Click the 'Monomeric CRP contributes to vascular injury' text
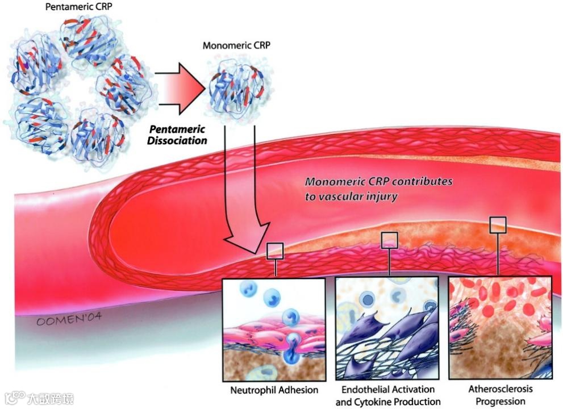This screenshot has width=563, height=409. point(379,189)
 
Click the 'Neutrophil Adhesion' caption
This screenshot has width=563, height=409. point(274,391)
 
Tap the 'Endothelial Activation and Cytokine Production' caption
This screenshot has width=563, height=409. point(388,396)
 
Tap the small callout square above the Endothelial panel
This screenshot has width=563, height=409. point(389,240)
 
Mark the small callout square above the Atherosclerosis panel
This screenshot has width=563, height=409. point(498,224)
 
